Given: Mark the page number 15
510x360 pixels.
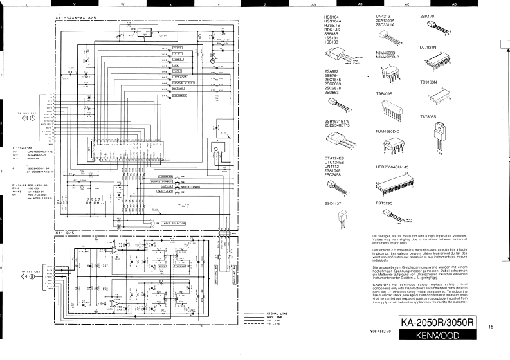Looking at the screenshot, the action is pyautogui.click(x=491, y=327).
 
